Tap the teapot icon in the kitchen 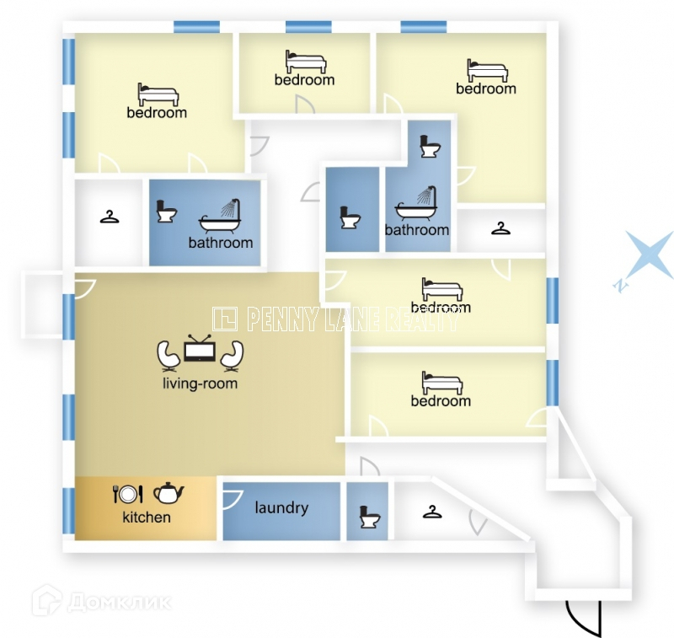(169, 492)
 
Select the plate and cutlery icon (128, 494)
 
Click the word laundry (281, 507)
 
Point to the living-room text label (200, 383)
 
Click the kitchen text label (147, 517)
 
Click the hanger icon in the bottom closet (432, 511)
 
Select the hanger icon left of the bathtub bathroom (110, 217)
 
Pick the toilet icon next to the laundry (367, 516)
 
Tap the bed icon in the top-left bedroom (157, 94)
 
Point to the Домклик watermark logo (101, 602)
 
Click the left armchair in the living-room (168, 356)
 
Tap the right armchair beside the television (232, 356)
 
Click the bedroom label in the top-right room (486, 88)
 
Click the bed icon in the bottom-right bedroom (441, 383)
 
